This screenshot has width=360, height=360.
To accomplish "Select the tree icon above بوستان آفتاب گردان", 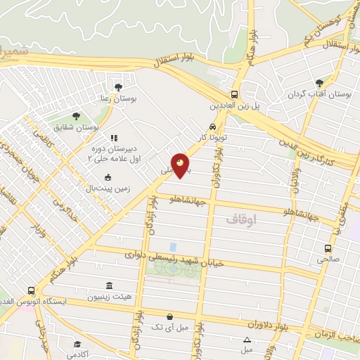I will [x=320, y=83].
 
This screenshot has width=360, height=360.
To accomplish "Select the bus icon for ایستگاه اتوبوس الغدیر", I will [x=31, y=290].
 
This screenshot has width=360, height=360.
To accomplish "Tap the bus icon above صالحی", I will [x=328, y=248].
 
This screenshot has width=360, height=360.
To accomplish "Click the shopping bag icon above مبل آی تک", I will [x=169, y=316].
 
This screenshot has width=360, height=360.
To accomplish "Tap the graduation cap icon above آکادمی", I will [x=77, y=345].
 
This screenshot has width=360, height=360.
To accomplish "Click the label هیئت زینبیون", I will [x=109, y=297].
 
